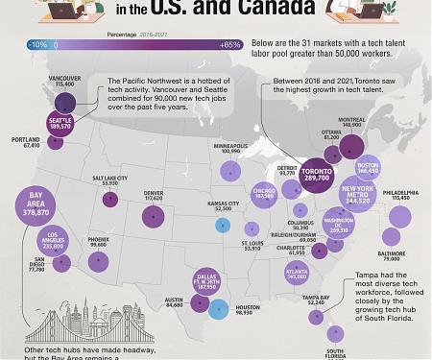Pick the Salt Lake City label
[110, 180]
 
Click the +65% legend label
[229, 45]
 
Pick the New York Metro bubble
[357, 197]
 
